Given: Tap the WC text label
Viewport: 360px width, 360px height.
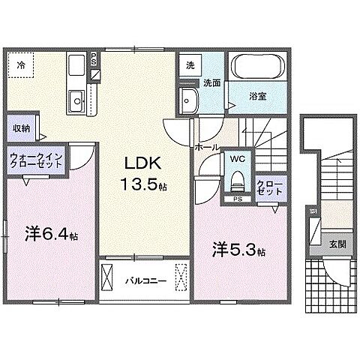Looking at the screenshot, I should coord(236,160).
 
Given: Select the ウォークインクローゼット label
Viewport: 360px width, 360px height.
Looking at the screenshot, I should coord(37,160).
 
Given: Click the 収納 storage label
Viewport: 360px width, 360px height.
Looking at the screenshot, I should coord(20,127).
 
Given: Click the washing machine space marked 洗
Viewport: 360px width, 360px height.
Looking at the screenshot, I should coord(190,65).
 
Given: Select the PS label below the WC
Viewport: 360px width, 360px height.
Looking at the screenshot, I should coord(237,199).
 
